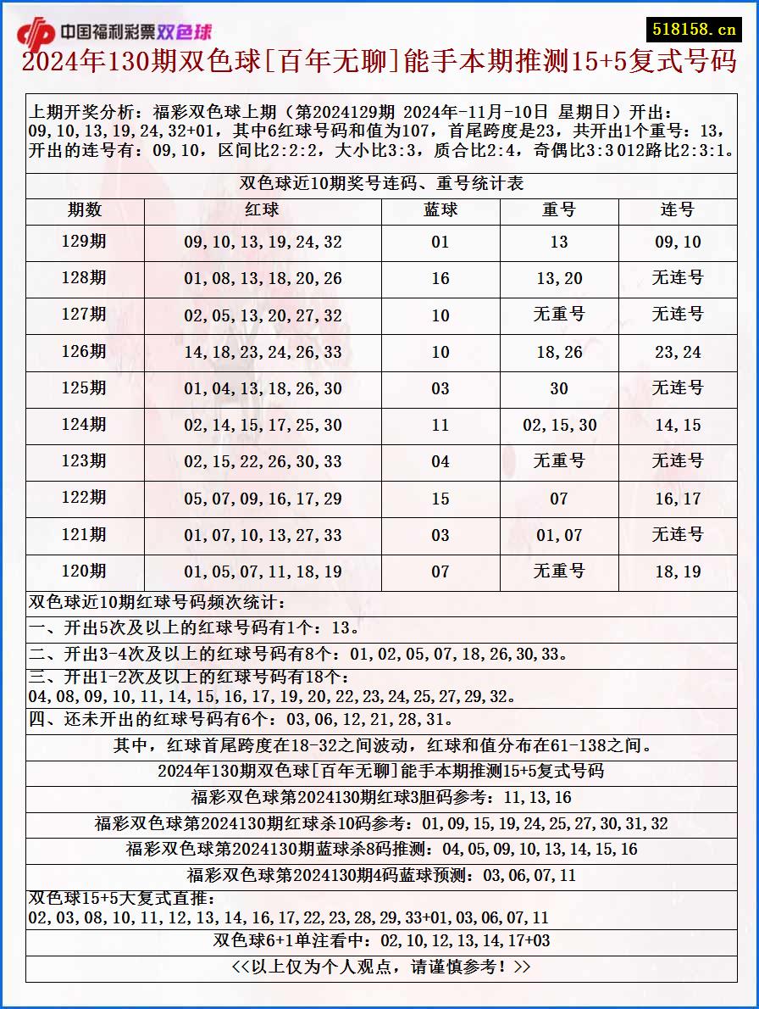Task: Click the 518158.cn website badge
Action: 694,30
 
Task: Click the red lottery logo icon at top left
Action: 36,33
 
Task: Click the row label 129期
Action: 85,242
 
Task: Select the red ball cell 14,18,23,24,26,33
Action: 263,352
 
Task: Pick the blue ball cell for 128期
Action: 440,278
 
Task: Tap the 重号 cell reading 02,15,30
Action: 559,425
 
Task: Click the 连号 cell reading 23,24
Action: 678,352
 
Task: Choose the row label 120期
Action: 85,571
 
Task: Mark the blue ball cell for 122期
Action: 440,499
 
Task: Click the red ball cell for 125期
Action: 263,388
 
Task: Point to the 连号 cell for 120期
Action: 678,571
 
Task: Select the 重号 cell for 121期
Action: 559,535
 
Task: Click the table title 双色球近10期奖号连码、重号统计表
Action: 381,184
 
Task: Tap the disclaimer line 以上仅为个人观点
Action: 381,967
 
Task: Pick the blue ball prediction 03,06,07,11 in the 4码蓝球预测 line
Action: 529,875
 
